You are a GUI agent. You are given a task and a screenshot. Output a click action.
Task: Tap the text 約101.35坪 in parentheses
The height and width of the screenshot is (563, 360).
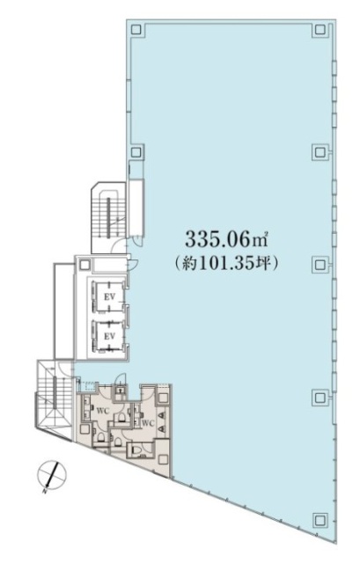pos(226,262)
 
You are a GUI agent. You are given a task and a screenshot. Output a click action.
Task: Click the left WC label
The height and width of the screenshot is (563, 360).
pos(101,410)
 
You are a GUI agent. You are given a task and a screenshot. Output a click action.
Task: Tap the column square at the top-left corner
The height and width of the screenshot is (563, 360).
pos(136,29)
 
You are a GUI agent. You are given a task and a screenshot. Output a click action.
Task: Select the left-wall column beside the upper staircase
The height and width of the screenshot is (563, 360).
pos(136,151)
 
